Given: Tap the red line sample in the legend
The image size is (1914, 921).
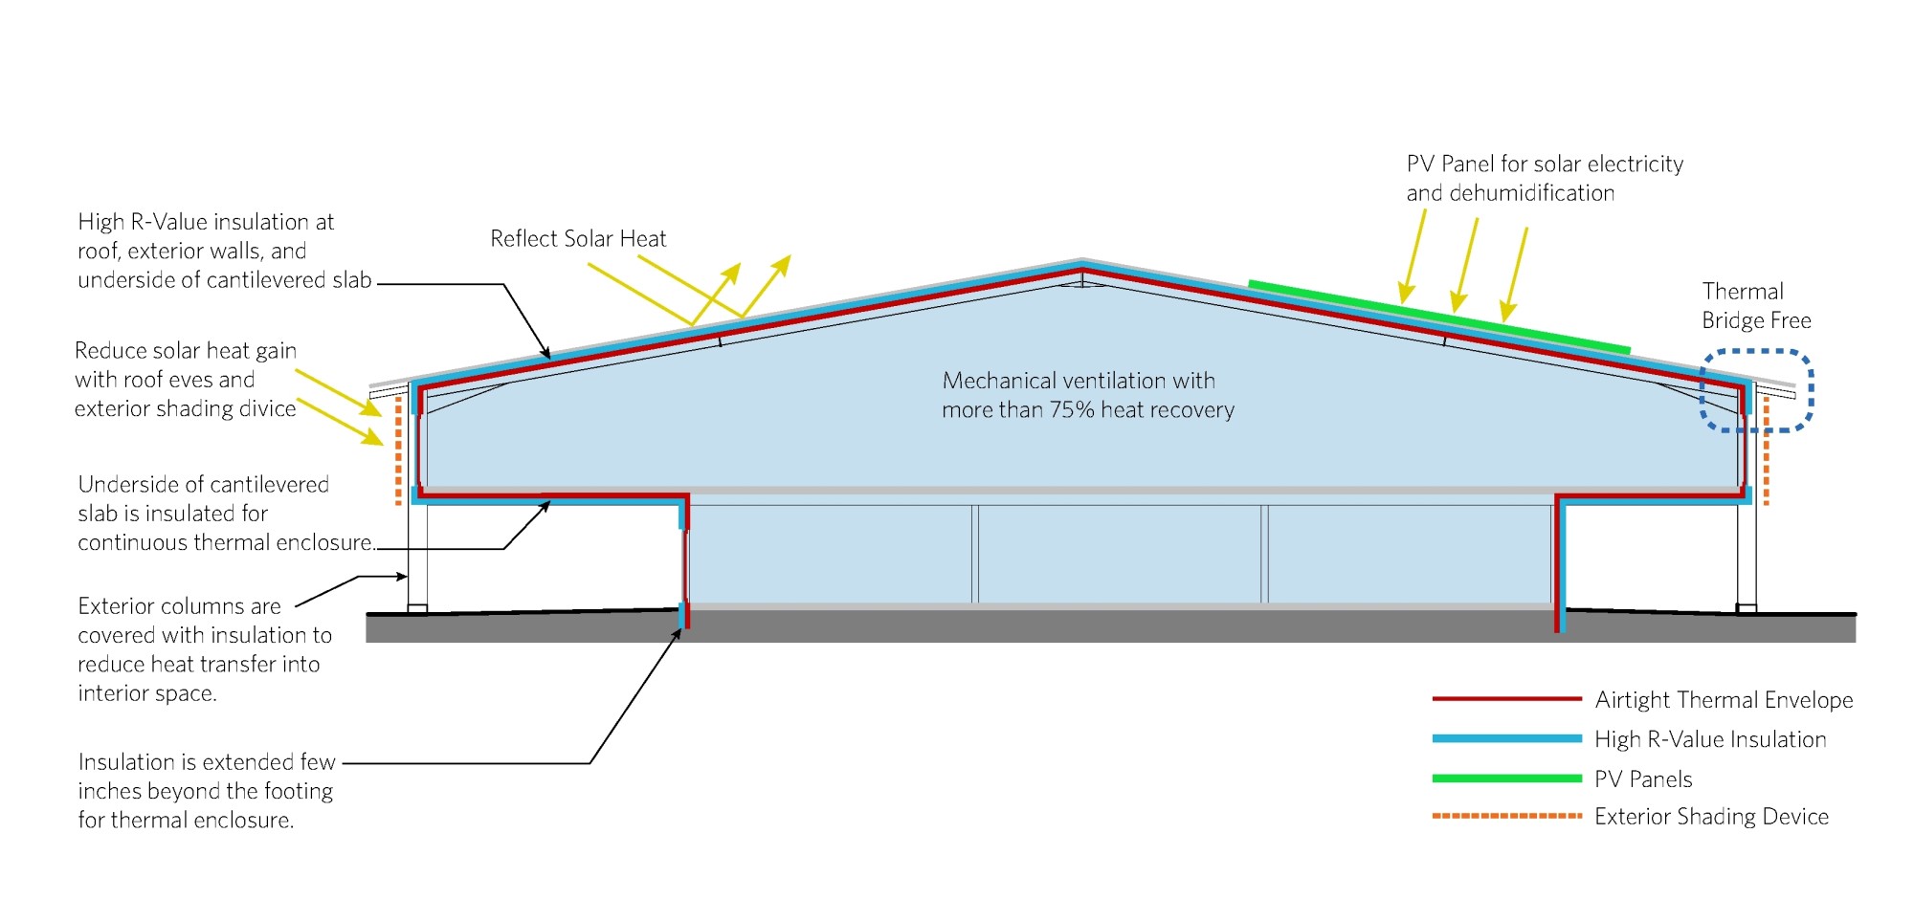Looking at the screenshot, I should [x=1505, y=699].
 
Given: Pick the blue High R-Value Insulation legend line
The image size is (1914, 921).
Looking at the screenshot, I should [x=1505, y=738].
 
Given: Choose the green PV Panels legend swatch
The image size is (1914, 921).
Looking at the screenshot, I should [x=1505, y=778].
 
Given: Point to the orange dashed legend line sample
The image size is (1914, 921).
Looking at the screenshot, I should [x=1505, y=816].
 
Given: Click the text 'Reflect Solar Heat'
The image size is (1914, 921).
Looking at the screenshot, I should [x=577, y=239].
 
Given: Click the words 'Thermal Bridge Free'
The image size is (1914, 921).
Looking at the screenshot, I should [x=1755, y=306].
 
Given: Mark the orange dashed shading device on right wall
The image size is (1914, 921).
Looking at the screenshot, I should [x=1766, y=450].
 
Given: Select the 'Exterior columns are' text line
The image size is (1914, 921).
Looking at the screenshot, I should [x=179, y=606].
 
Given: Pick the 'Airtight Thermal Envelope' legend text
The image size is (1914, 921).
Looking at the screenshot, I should [x=1724, y=700].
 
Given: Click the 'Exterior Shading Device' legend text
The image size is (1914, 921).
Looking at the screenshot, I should [x=1711, y=817].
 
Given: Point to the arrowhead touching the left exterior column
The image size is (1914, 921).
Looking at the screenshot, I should [x=403, y=577].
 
